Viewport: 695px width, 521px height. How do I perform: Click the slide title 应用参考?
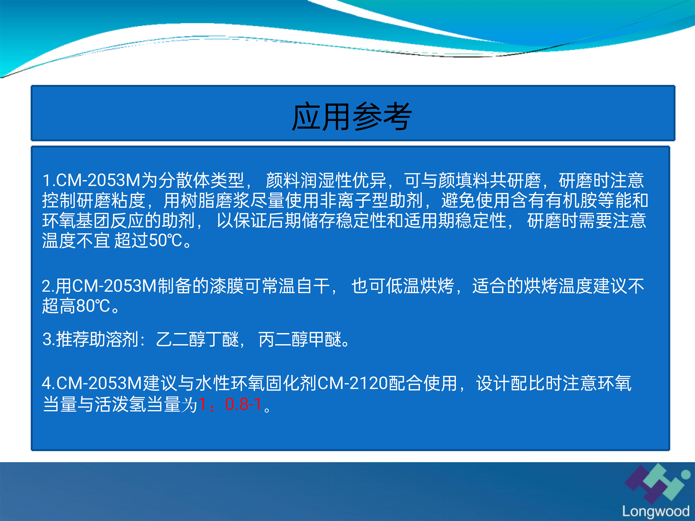click(x=352, y=116)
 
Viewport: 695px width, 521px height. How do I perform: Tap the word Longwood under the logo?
click(x=656, y=511)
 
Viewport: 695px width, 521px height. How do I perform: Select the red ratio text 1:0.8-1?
click(x=230, y=404)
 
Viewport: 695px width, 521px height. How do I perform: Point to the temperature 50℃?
click(x=165, y=240)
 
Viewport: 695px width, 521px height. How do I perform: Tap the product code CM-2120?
click(x=353, y=383)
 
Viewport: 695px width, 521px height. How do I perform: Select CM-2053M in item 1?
click(x=98, y=180)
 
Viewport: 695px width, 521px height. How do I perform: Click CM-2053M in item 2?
click(x=115, y=286)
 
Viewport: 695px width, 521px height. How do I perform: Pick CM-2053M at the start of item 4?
click(x=99, y=383)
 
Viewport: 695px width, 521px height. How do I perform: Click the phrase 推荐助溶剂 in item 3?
click(x=98, y=339)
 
